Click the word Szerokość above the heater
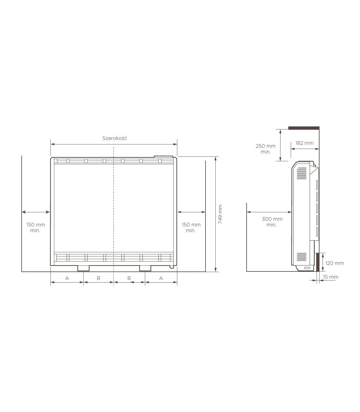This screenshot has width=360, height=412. (115, 138)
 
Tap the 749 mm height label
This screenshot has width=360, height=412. (220, 214)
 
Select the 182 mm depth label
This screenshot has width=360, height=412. (304, 143)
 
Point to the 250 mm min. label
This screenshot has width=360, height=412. (265, 149)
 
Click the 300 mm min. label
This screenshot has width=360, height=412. (272, 222)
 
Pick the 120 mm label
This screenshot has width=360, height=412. (335, 263)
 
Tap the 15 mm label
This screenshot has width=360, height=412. (331, 277)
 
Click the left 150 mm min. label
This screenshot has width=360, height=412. (36, 227)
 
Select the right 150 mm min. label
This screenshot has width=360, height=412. (191, 227)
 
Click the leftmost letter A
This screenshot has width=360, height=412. (67, 278)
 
